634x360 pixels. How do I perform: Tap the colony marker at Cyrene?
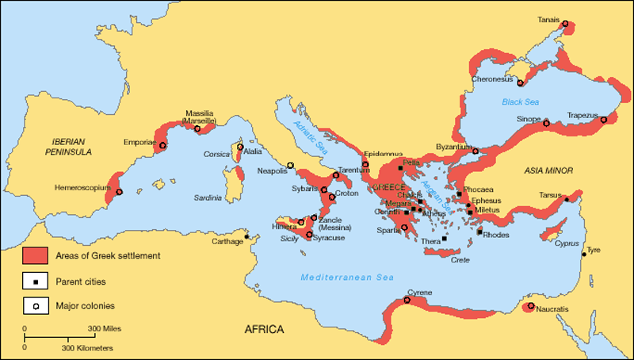(407, 300)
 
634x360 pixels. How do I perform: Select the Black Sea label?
(519, 101)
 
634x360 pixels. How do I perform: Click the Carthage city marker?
(246, 236)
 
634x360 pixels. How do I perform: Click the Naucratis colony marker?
(530, 306)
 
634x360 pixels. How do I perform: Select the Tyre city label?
(593, 250)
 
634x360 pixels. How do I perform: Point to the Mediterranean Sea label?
(346, 277)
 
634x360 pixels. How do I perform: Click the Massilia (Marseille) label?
(200, 117)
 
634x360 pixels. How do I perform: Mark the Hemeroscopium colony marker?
(119, 192)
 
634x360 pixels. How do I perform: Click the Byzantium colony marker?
(475, 151)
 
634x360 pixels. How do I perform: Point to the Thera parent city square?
(445, 238)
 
